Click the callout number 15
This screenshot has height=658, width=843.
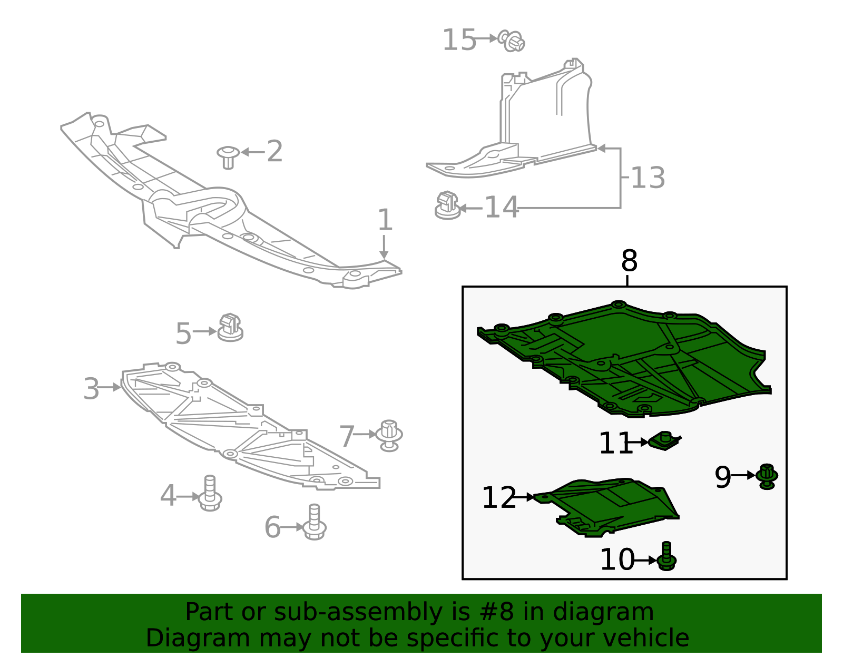pos(459,40)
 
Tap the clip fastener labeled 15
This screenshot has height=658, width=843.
pos(512,41)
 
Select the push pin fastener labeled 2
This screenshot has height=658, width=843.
pos(228,156)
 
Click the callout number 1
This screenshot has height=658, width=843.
pos(385,220)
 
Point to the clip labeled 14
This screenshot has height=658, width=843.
pos(447,205)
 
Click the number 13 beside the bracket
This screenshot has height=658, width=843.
pos(648,178)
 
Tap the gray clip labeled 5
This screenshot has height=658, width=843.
pos(230,328)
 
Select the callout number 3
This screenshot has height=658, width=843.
pos(91,389)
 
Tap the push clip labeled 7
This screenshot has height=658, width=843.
pos(389,436)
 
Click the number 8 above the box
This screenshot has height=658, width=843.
pos(629,261)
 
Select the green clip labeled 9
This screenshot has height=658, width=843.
pos(767,476)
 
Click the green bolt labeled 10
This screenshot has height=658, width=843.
pos(667,557)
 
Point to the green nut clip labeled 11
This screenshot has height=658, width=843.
pos(665,440)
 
